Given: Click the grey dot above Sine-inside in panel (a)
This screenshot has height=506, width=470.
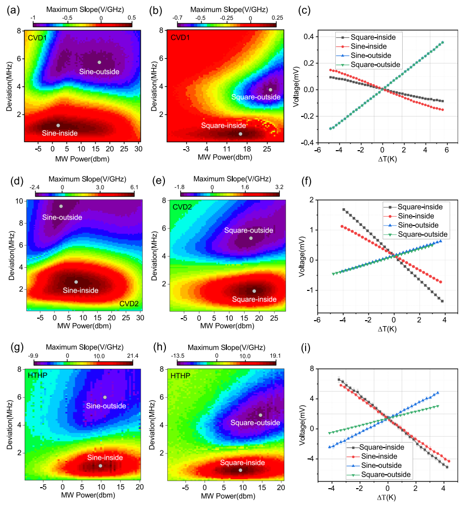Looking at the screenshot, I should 58,125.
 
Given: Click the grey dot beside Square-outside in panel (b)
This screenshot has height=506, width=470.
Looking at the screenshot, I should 270,90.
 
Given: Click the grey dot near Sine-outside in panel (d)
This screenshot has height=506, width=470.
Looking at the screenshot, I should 61,206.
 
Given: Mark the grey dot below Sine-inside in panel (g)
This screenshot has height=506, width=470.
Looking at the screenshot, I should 100,466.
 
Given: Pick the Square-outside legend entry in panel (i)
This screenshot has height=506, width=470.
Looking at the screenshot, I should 387,475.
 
